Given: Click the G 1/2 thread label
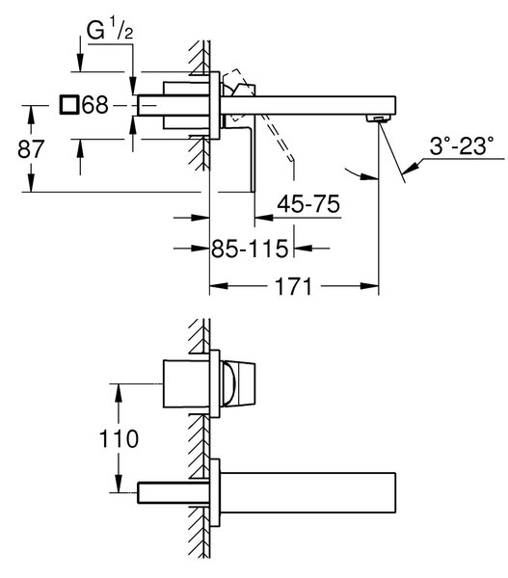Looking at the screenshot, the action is tap(110, 31).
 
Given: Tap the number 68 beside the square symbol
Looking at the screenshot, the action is tap(95, 105).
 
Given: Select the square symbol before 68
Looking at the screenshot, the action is tap(69, 104).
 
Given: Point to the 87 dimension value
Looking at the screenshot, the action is tap(31, 149).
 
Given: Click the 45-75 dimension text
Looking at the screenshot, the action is tap(308, 204).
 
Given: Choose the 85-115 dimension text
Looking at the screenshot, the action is tap(250, 249).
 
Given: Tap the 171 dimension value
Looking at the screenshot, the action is tap(294, 286).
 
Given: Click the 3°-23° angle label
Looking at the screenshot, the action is tap(462, 145).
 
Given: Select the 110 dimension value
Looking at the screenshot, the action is tap(119, 438).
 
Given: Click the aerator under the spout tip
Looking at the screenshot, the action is tap(378, 118).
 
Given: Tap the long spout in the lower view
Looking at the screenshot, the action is tap(307, 492).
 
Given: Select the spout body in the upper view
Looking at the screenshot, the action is tap(307, 106).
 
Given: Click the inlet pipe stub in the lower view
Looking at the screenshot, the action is tap(174, 492).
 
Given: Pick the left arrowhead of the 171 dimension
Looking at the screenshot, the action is tap(219, 286).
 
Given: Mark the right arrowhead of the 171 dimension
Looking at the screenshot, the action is tap(369, 286).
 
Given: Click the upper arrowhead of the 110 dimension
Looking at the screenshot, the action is tap(119, 393).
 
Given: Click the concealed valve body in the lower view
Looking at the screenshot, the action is tap(187, 383).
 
